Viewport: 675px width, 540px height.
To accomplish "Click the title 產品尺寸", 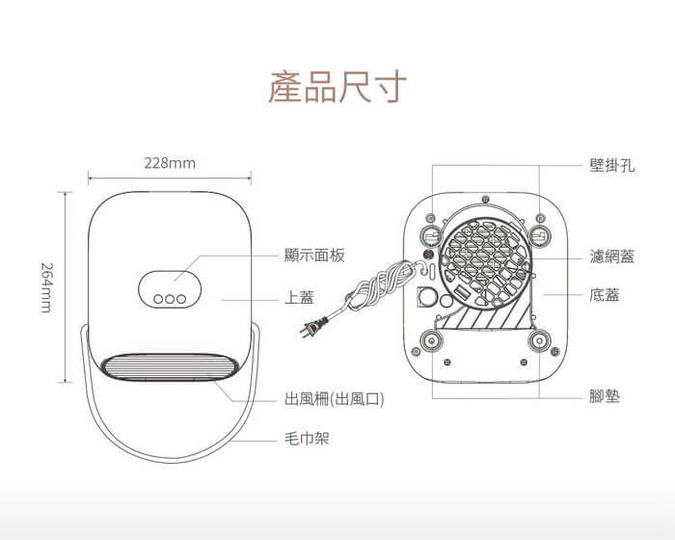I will pyautogui.click(x=337, y=88).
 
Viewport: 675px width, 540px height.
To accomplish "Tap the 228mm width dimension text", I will pyautogui.click(x=170, y=163).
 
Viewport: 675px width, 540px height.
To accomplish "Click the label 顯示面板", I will pyautogui.click(x=314, y=256).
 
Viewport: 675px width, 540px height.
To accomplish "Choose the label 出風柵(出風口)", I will pyautogui.click(x=334, y=396).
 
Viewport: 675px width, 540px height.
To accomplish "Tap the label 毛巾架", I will pyautogui.click(x=308, y=439).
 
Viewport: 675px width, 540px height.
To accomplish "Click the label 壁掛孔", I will pyautogui.click(x=611, y=165).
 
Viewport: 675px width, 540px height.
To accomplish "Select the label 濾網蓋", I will pyautogui.click(x=611, y=256).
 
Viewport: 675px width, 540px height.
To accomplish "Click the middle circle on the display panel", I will pyautogui.click(x=169, y=299).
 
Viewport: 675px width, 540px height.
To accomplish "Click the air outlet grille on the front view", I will pyautogui.click(x=169, y=369).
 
